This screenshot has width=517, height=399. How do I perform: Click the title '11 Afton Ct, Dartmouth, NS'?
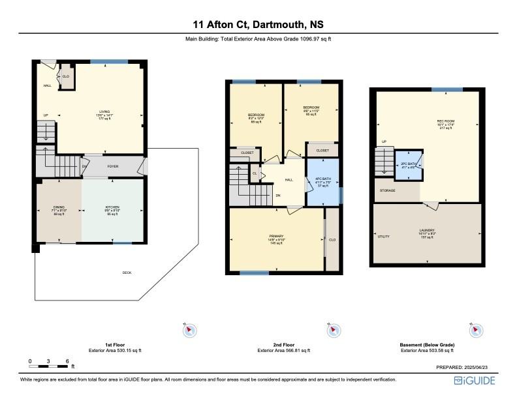tap(258, 25)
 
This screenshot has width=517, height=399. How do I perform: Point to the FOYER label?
tap(113, 166)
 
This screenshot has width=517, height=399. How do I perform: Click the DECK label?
tap(127, 273)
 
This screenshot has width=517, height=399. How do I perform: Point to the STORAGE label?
tap(388, 190)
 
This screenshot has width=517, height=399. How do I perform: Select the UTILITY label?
tap(383, 236)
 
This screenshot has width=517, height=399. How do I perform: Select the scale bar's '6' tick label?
tap(67, 361)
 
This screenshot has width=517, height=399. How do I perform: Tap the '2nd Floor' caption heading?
tap(284, 344)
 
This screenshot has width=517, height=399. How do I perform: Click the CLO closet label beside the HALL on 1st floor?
tap(66, 76)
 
